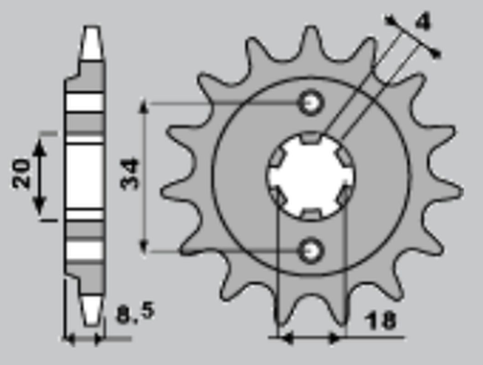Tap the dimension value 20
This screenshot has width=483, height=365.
coord(22,174)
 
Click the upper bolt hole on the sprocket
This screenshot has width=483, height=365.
coord(310,101)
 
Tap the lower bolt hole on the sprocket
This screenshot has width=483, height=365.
coord(310,249)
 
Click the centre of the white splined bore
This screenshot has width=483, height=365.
coord(310,174)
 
